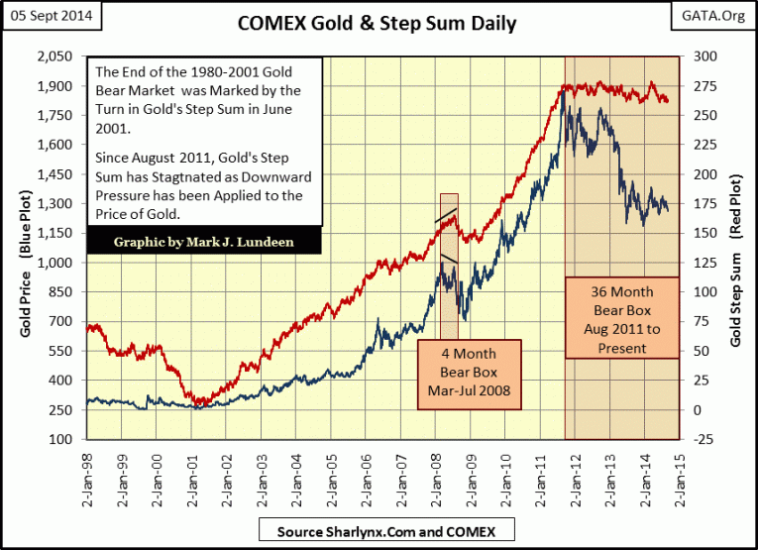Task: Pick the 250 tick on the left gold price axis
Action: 62,410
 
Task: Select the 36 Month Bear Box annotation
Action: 621,315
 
